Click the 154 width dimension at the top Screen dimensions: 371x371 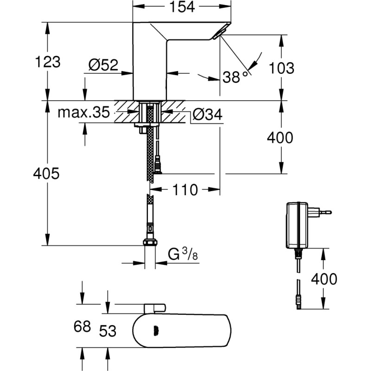[x=181, y=7]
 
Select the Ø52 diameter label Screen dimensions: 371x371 [x=102, y=65]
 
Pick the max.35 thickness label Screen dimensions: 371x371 [x=83, y=112]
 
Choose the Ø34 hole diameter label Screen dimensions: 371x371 [x=207, y=114]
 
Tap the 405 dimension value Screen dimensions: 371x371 [x=46, y=174]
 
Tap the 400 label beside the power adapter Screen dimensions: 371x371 [x=324, y=279]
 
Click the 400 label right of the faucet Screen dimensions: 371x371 [x=280, y=138]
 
